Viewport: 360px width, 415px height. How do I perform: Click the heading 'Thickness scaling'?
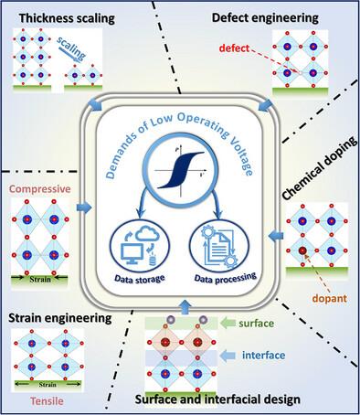click(x=67, y=18)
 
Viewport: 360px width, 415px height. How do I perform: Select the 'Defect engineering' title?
click(x=265, y=18)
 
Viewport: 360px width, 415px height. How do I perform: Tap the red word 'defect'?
click(x=234, y=48)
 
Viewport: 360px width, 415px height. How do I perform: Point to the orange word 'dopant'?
click(x=330, y=298)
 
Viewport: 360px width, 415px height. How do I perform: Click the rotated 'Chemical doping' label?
click(x=320, y=168)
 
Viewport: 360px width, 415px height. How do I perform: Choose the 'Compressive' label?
click(x=40, y=189)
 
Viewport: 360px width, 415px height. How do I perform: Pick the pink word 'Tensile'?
click(x=47, y=400)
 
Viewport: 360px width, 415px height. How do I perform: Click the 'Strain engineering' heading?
click(x=60, y=318)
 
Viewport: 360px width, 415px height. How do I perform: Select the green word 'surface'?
click(x=256, y=323)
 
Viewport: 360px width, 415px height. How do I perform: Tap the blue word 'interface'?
click(x=264, y=355)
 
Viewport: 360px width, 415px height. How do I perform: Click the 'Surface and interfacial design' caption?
click(x=217, y=399)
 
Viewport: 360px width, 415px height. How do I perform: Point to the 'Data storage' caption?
click(x=140, y=279)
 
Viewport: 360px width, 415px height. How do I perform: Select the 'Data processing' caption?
click(x=226, y=278)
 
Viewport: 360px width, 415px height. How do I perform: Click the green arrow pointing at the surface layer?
click(x=228, y=323)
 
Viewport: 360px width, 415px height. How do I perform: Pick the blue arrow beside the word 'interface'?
click(x=228, y=356)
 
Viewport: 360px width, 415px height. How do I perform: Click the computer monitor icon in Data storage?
click(x=132, y=254)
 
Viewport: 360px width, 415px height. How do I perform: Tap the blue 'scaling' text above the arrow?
click(x=71, y=48)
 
